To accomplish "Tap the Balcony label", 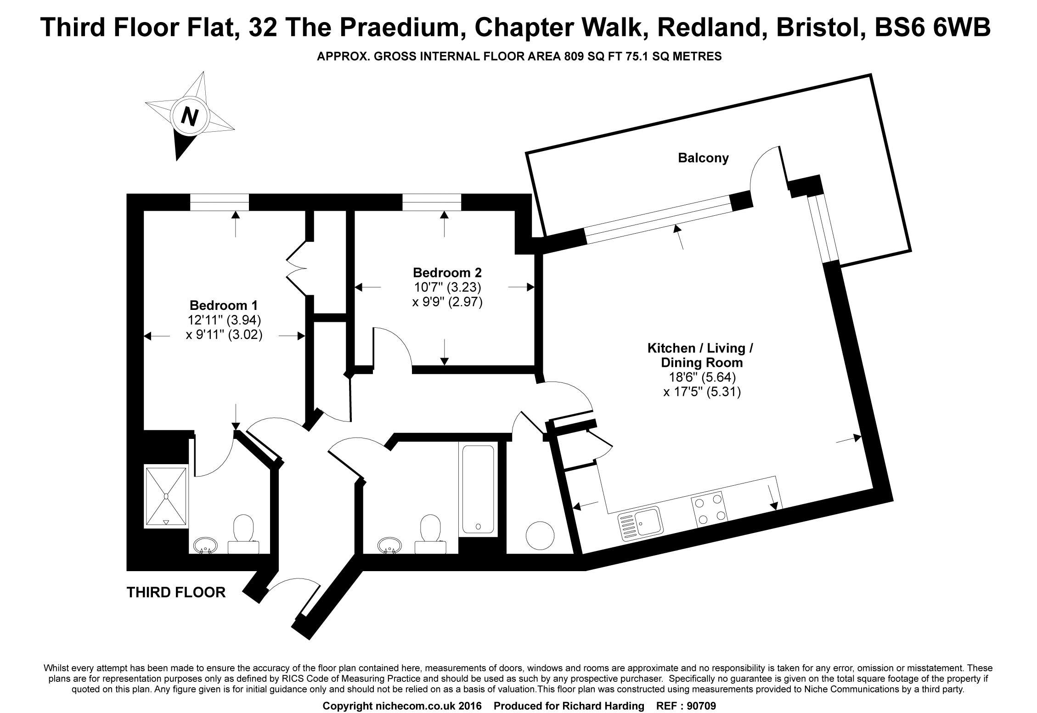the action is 703,158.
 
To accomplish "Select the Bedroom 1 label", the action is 224,305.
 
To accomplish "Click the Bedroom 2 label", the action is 447,272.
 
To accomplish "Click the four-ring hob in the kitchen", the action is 710,509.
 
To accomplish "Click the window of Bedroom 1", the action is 220,202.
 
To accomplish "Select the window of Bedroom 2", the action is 432,202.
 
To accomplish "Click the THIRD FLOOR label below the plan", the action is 176,592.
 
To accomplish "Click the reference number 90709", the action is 699,706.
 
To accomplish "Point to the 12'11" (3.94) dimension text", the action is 224,320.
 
